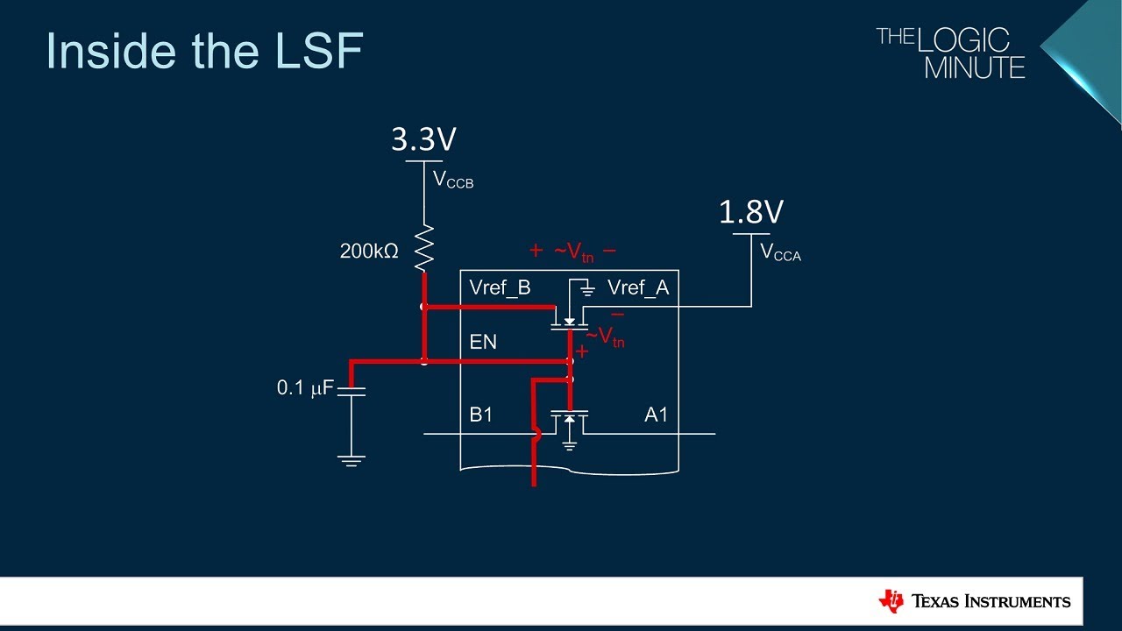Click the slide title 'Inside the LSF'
(204, 51)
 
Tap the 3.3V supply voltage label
(423, 139)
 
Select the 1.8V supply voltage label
(751, 212)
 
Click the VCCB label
(453, 181)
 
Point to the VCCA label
(780, 253)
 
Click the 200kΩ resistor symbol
(424, 248)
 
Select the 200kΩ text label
(369, 252)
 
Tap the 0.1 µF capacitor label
(305, 387)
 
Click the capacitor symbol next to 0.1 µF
(351, 390)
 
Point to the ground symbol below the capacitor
(351, 460)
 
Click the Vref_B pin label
(500, 288)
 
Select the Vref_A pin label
(638, 288)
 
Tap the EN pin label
(483, 342)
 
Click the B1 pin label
(481, 415)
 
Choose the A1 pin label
(657, 415)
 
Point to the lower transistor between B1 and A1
(569, 422)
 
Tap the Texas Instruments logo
(974, 601)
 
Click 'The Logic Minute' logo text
(951, 53)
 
